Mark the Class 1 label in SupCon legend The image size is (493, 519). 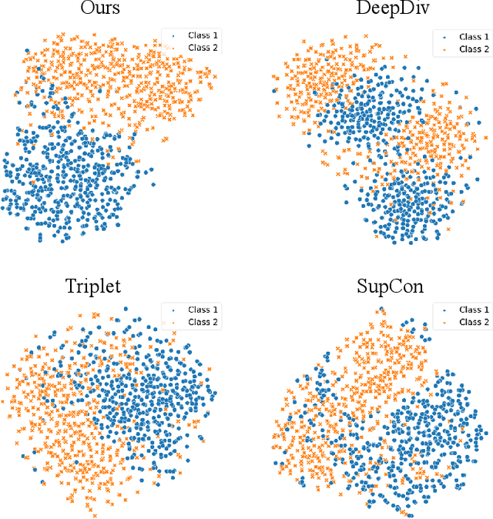coord(471,310)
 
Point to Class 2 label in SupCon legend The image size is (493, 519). coord(471,323)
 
